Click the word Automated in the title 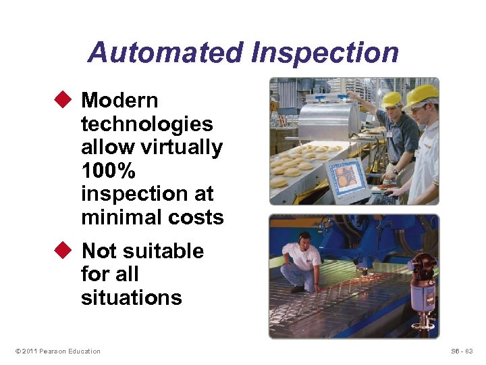[x=165, y=52]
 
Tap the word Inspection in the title [x=325, y=52]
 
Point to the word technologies [x=146, y=124]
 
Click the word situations [x=131, y=297]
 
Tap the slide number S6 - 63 [x=462, y=351]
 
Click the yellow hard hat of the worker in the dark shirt [x=391, y=99]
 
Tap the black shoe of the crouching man [x=298, y=289]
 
